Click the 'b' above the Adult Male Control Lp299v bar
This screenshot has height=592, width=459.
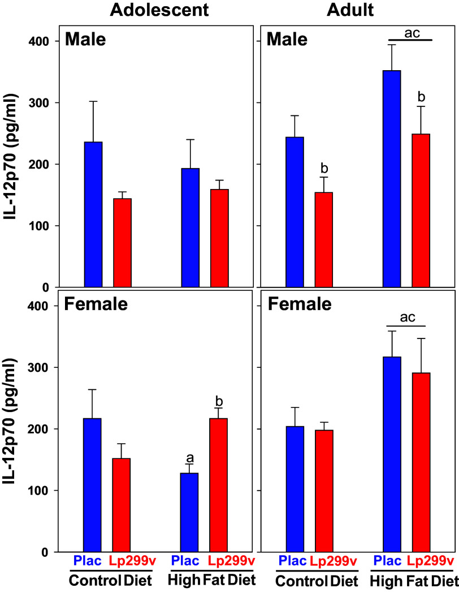324,169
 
